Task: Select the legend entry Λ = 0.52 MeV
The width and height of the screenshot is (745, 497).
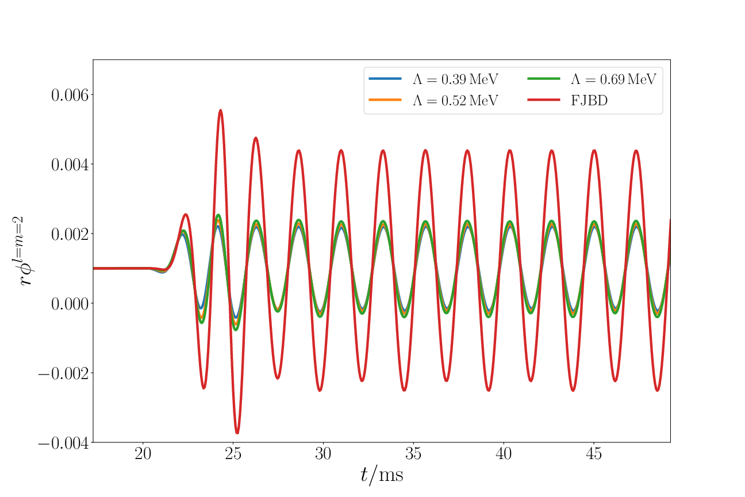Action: coord(455,100)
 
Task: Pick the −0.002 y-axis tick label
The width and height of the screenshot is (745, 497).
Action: coord(64,373)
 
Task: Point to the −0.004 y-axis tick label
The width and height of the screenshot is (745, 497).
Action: coord(64,443)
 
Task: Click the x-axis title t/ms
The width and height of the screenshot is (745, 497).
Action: coord(382,475)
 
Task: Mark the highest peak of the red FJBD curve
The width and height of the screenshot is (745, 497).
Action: coord(220,110)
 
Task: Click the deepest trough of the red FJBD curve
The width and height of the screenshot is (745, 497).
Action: coord(237,433)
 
